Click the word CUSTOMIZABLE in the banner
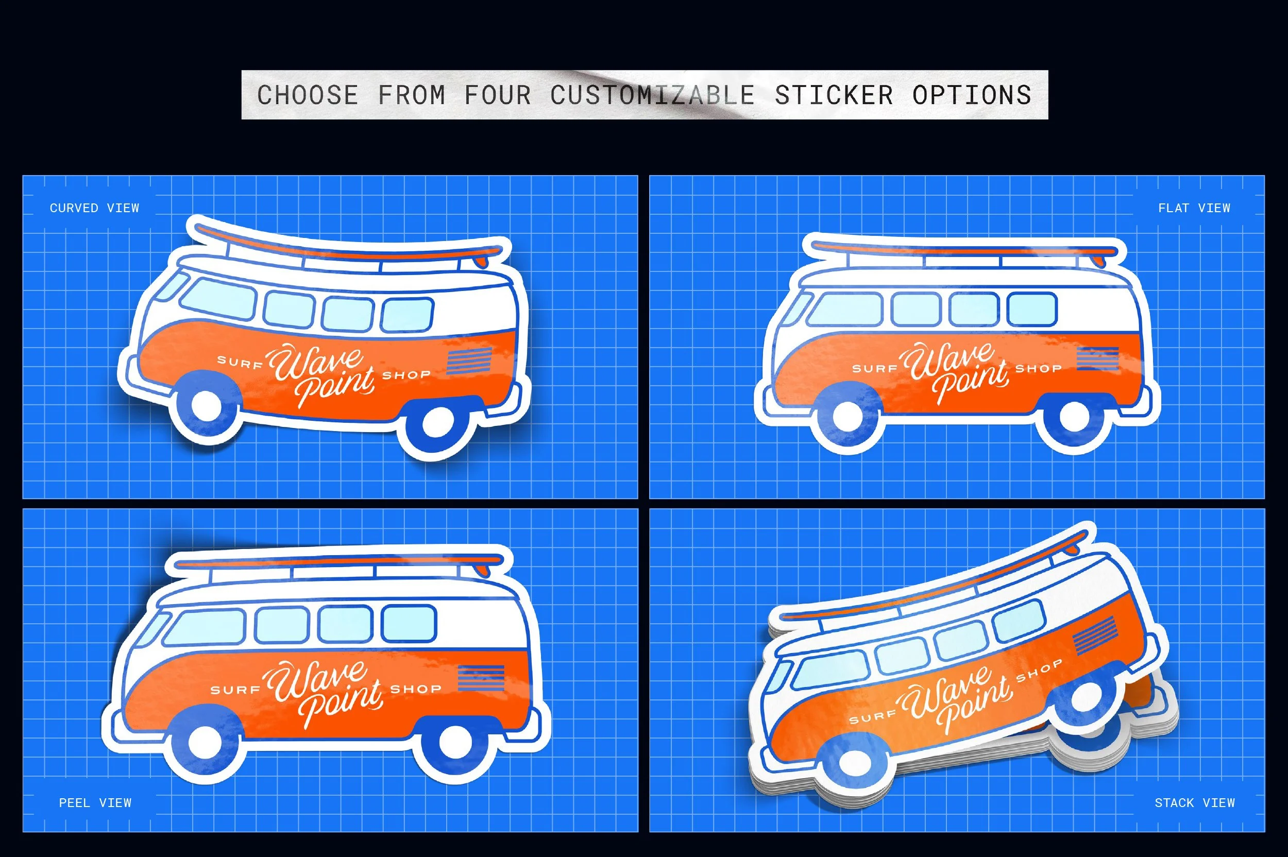point(653,95)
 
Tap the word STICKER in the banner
point(834,95)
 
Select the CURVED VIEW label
point(95,208)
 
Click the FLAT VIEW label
point(1194,208)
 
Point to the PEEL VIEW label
point(95,803)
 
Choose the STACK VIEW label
point(1195,803)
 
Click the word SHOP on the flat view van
point(1038,368)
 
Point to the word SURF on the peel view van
point(235,690)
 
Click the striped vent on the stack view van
point(1095,635)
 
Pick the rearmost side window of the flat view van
point(1032,310)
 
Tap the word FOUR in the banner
point(498,95)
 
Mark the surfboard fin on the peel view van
point(483,570)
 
